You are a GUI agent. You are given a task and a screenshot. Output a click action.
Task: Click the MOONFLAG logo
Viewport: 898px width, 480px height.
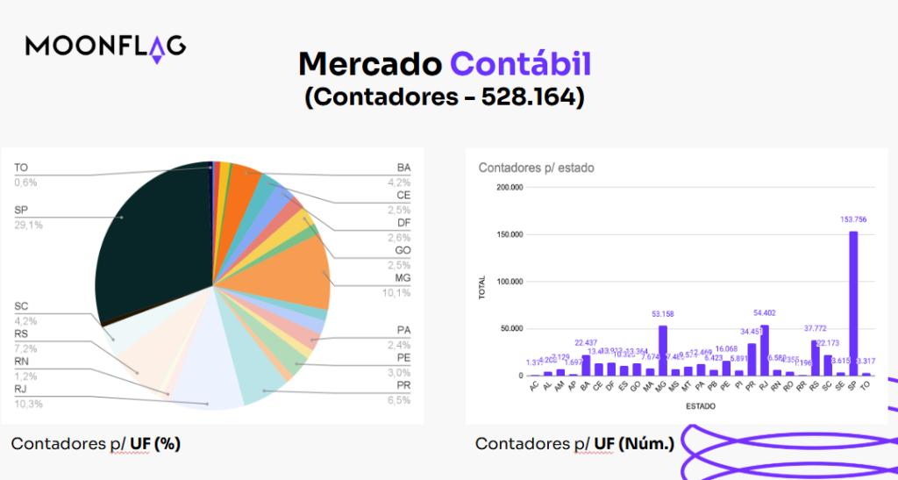[x=105, y=47]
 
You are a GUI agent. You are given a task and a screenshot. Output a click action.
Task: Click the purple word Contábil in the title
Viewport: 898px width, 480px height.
[x=521, y=64]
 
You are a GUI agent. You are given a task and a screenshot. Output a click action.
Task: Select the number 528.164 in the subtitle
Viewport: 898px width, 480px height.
[x=532, y=97]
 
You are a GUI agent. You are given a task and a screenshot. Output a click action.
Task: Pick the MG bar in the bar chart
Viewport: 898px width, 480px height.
[x=662, y=350]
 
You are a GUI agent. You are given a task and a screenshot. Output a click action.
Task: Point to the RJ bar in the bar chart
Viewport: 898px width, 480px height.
[x=764, y=350]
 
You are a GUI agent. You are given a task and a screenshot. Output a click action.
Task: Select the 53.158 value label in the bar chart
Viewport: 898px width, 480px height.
[x=662, y=313]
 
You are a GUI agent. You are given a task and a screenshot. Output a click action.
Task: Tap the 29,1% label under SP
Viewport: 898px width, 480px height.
[x=28, y=226]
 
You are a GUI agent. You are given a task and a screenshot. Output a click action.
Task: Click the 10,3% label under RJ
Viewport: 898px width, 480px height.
[x=29, y=404]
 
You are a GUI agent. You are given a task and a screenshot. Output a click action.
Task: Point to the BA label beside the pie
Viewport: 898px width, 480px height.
[x=403, y=168]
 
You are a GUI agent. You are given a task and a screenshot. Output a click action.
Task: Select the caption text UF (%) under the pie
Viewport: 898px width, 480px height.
[x=155, y=444]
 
